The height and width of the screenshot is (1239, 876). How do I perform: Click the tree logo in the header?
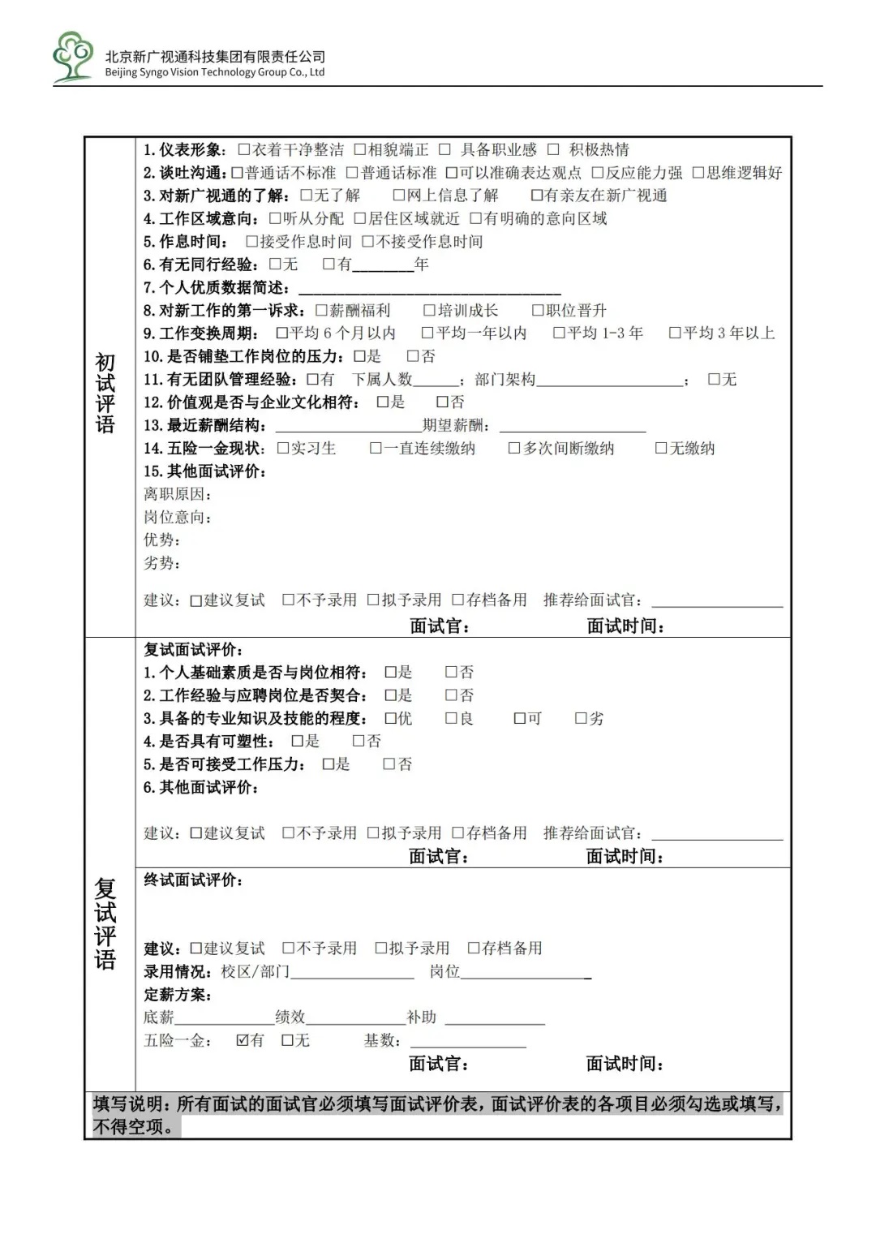pos(72,57)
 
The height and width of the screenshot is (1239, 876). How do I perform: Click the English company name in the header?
pos(215,72)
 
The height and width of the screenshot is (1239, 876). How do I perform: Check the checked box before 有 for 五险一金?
pos(243,1039)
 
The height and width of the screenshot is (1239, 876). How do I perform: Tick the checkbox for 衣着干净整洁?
pos(244,149)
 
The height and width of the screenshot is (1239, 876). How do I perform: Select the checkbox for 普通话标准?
pos(352,173)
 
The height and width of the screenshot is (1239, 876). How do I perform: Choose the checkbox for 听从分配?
pos(275,218)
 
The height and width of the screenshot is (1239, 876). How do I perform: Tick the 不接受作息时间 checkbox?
pos(367,242)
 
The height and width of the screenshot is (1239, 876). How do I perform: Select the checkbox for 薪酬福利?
pos(321,310)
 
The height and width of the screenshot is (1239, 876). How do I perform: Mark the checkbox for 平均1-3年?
pos(559,333)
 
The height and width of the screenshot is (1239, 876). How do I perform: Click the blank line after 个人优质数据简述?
pos(429,290)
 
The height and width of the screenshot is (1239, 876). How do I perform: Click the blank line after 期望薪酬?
pos(573,428)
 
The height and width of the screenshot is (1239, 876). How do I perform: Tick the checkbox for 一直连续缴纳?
pos(376,448)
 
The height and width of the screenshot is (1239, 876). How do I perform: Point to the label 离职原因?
pos(177,494)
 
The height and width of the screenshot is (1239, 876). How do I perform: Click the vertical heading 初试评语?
pos(105,394)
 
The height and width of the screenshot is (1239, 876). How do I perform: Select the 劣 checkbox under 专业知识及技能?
pos(581,718)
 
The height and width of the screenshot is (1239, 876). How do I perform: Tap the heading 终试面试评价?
pos(193,880)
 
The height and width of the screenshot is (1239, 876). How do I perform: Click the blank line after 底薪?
pos(225,1021)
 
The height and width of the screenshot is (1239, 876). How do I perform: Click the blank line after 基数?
pos(468,1043)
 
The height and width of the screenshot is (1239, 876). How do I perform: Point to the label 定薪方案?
pos(177,995)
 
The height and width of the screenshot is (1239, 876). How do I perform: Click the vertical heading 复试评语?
pos(105,923)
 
